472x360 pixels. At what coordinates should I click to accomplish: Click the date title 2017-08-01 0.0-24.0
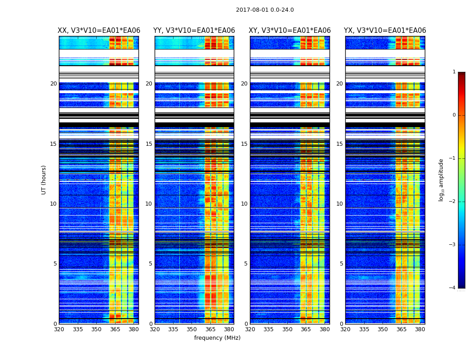coord(265,10)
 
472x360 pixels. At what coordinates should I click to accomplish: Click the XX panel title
coord(99,31)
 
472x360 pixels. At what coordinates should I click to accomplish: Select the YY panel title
coord(194,31)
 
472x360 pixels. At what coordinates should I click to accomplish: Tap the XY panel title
coord(290,31)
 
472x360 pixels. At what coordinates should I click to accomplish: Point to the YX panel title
coord(385,31)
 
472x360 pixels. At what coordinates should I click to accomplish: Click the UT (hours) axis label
coord(44,180)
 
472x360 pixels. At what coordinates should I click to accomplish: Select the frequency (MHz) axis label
coord(217,338)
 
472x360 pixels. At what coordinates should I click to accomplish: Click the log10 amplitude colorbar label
coord(441,180)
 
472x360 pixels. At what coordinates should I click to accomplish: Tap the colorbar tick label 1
coord(454,72)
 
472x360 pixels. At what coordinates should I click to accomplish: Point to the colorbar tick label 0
coord(454,115)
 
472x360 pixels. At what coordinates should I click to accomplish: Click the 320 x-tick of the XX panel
coord(59,329)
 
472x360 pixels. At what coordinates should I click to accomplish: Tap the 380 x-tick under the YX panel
coord(420,329)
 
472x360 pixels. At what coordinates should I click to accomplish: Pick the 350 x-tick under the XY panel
coord(287,329)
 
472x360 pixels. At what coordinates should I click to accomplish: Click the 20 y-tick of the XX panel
coord(53,84)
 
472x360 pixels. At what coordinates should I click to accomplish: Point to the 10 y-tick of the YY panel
coord(149,204)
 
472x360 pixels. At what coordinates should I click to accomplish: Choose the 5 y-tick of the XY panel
coord(246,264)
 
